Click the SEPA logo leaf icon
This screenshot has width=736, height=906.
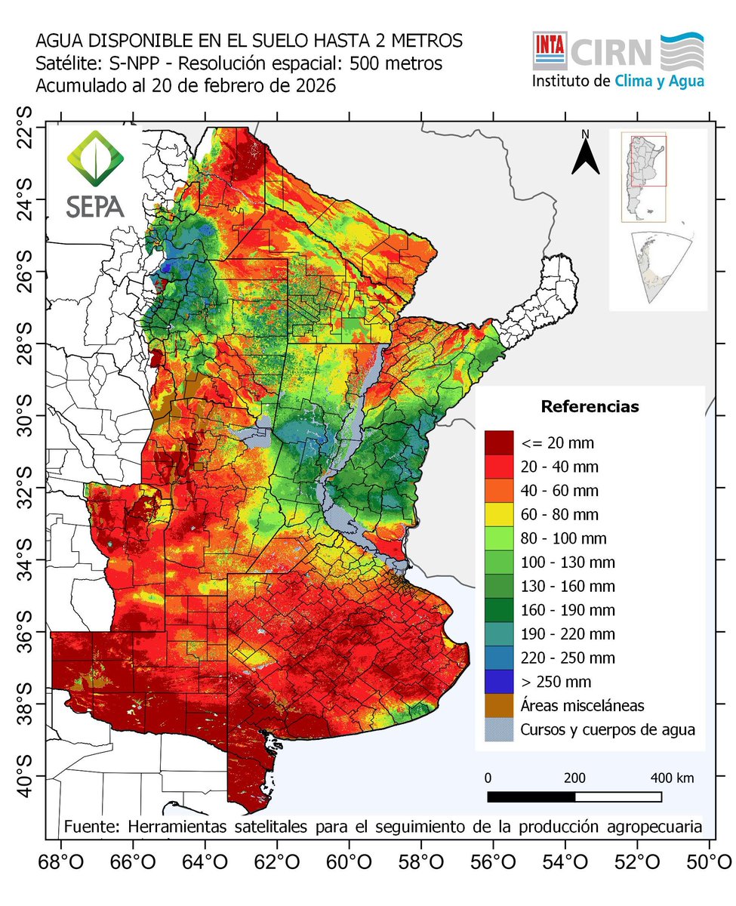[94, 160]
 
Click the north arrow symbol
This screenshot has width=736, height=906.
[584, 154]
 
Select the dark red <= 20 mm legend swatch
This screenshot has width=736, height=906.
[499, 442]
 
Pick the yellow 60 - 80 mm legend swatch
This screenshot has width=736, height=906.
[499, 515]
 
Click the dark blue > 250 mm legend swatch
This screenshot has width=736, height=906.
[499, 682]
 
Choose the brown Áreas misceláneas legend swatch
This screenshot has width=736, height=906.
[499, 706]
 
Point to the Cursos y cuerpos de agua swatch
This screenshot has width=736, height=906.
[499, 730]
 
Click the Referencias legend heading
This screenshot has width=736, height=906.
[590, 407]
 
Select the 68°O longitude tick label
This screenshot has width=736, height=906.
[60, 861]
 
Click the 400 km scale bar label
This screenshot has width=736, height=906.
[672, 778]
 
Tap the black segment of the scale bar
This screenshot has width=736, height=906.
[531, 797]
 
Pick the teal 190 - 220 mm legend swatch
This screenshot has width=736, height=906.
[499, 634]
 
